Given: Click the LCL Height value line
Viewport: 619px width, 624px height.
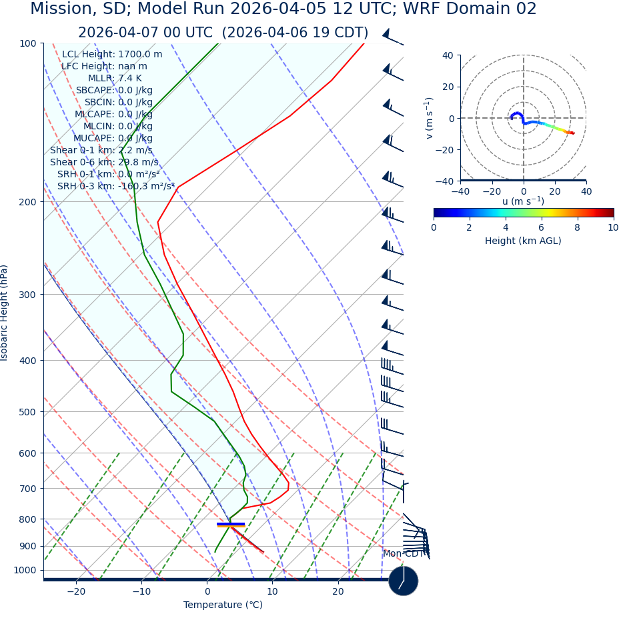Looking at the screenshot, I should click(112, 54).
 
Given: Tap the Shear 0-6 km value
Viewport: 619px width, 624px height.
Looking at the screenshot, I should click(104, 162).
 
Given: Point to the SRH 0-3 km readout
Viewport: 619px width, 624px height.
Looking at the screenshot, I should click(116, 186).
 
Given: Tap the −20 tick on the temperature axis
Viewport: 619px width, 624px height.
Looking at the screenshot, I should click(76, 591).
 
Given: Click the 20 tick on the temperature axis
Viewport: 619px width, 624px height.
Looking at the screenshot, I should click(338, 591).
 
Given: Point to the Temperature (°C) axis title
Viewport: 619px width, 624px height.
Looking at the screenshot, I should click(223, 605).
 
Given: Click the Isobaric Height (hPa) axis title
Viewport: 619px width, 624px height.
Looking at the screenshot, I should click(5, 313).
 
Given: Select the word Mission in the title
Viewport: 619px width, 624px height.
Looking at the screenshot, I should click(60, 9).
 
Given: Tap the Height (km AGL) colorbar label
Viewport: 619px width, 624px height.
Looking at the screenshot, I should click(523, 241).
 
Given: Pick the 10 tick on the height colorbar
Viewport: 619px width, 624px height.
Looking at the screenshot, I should click(612, 227).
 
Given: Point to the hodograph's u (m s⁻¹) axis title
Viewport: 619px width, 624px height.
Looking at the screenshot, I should click(523, 201).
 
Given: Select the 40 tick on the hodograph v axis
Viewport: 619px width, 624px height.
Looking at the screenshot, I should click(448, 55).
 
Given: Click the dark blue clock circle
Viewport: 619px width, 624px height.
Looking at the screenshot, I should click(403, 581).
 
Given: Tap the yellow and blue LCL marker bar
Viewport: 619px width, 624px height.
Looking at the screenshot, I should click(231, 525).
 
